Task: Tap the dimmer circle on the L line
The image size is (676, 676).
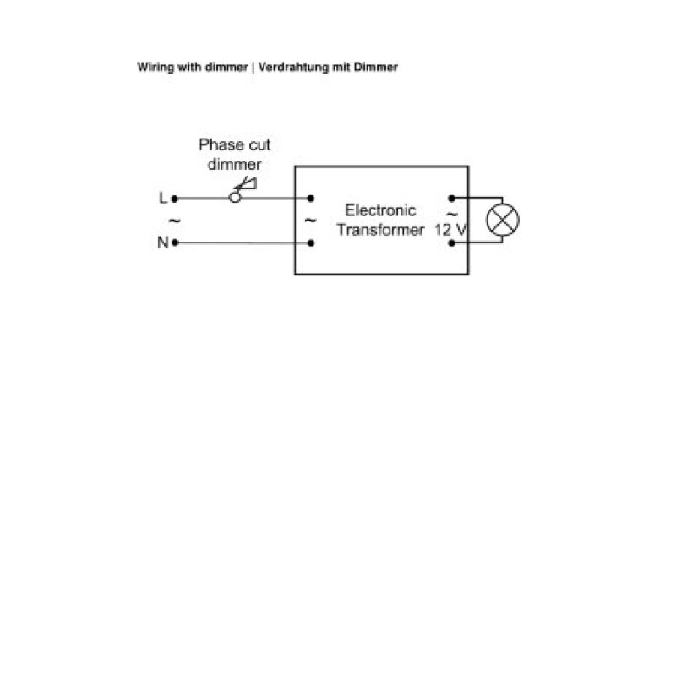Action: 235,198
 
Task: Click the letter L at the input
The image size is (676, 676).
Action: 162,198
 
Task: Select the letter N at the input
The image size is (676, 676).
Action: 163,243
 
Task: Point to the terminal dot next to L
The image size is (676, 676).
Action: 175,199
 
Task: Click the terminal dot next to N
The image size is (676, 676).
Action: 175,243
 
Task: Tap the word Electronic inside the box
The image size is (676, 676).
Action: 380,210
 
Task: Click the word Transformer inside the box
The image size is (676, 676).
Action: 380,230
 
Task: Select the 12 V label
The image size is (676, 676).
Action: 450,230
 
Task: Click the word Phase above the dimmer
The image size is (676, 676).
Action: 221,144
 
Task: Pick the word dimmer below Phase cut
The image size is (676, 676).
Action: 234,164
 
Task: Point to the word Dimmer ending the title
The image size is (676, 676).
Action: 375,67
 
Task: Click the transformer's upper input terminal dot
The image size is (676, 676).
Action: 310,199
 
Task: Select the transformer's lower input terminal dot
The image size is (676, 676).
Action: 311,243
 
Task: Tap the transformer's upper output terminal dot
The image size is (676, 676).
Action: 451,199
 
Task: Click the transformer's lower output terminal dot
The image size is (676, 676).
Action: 451,243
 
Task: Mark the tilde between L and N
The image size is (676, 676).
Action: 174,221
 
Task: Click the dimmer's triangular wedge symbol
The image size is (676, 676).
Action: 247,184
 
